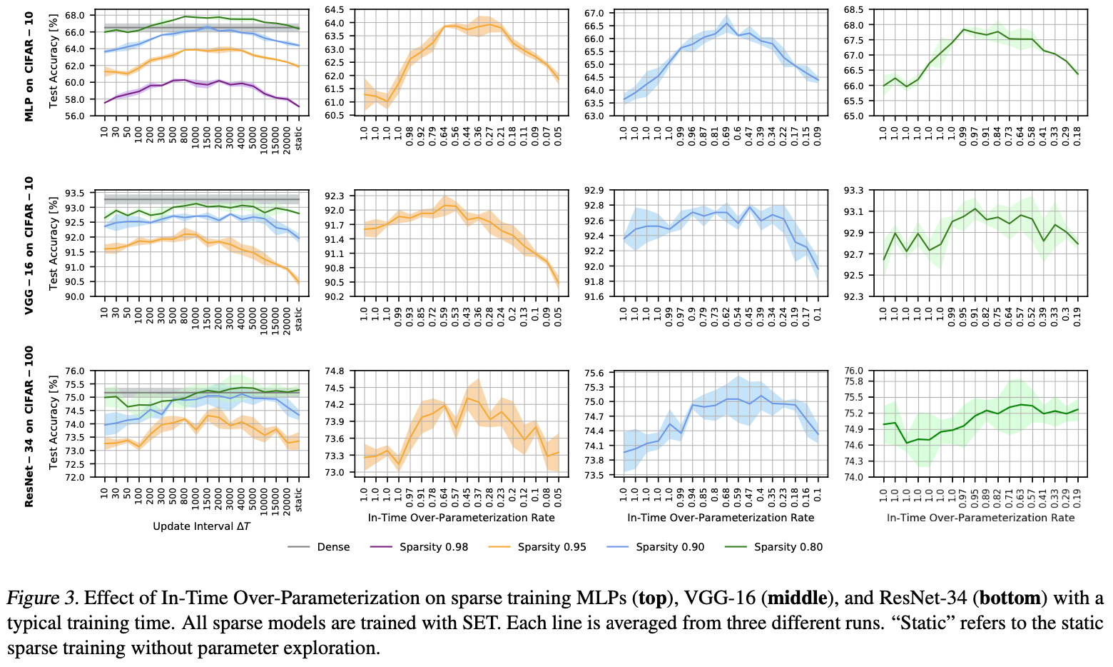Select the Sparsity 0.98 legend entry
434,547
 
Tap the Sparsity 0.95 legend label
552,547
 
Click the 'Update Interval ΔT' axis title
201,526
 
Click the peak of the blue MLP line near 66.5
726,24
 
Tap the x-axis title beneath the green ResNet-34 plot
980,518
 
